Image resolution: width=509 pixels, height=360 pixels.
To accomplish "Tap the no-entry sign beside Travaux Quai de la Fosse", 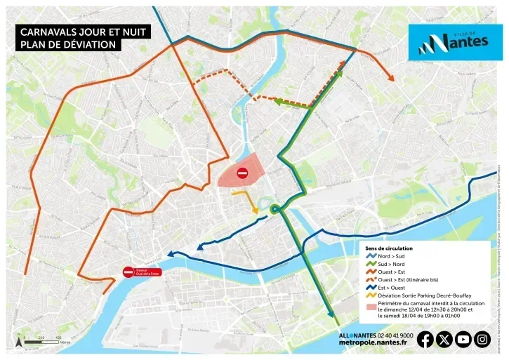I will coord(128,272).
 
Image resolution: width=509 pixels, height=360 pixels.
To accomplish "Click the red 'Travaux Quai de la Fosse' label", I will coord(148,272).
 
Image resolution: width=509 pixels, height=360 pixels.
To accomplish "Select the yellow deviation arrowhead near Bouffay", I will coord(256,208).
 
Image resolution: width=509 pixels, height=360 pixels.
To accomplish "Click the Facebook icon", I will coord(425,340).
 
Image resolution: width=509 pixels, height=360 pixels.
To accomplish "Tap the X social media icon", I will coord(444,340).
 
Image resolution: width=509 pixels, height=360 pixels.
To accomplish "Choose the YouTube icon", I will coord(463,340).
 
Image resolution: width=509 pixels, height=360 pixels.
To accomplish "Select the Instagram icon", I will coord(482,340).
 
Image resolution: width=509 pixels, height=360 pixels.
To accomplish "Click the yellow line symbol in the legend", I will coord(371,295).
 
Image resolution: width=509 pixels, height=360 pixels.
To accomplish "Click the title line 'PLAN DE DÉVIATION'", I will coord(67,45).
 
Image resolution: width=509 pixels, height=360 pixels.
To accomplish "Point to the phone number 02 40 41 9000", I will coord(396,335).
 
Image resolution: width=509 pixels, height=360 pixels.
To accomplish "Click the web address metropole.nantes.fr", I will coord(373,343).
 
